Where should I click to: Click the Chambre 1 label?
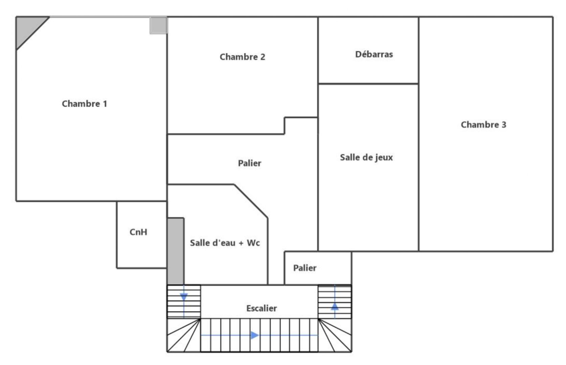point(84,104)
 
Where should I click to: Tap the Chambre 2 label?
point(242,57)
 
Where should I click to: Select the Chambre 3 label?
point(483,125)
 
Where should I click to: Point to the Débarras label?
point(374,54)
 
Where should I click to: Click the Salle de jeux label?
point(366,157)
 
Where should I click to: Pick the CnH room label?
point(138,232)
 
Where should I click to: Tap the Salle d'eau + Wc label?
point(225,243)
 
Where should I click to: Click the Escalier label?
point(261,308)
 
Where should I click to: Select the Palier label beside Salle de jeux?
point(249,163)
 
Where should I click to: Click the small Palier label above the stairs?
point(304,268)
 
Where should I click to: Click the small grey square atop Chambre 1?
point(158,25)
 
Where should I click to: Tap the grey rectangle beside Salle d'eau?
point(176,251)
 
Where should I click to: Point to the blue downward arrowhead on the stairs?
point(184,297)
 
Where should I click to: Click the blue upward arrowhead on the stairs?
point(335,306)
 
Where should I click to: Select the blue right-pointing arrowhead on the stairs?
point(254,335)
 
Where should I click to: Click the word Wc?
point(253,243)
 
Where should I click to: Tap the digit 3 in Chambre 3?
point(504,125)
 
